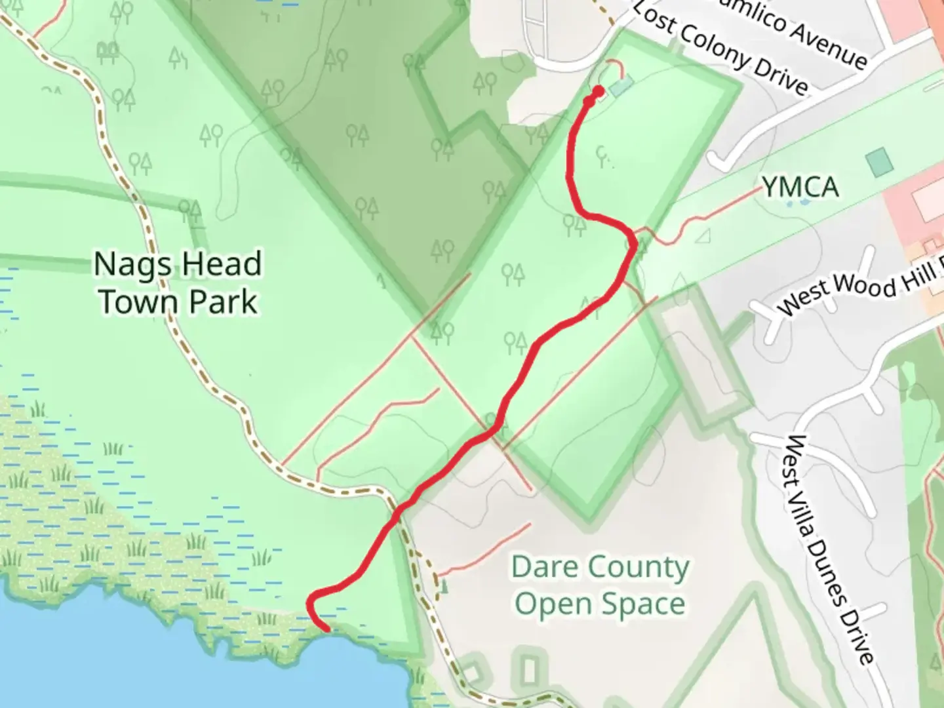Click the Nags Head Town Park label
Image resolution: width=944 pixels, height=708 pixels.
(178, 283)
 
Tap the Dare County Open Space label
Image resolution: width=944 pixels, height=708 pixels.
(600, 585)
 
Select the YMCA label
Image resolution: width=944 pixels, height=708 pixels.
(800, 187)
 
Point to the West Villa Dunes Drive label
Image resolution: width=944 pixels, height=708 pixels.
(829, 549)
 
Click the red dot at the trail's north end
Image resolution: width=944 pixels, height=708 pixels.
(598, 91)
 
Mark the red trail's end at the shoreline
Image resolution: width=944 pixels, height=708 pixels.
(326, 629)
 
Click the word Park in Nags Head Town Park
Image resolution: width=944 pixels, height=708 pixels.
(224, 302)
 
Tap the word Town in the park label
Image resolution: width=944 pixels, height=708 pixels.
(138, 302)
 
